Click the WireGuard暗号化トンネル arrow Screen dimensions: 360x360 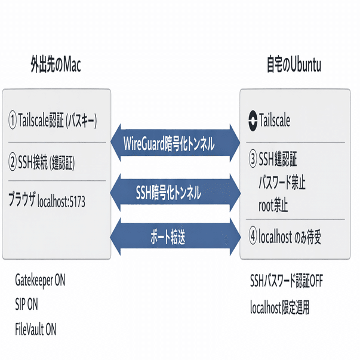point(176,144)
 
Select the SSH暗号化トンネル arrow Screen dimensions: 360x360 point(176,193)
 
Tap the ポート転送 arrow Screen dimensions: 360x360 point(176,237)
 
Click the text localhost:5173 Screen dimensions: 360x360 point(61,202)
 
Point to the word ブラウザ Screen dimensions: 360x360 point(22,201)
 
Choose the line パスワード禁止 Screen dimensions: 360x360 point(282,183)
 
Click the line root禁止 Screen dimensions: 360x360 point(273,206)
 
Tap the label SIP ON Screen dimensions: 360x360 point(26,304)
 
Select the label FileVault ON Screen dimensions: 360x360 point(36,328)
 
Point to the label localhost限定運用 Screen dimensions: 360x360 point(280,309)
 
